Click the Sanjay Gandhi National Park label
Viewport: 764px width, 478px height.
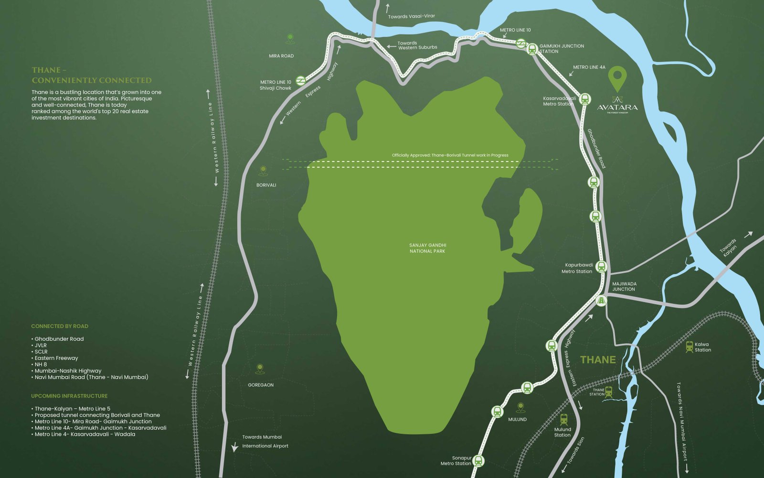(x=427, y=248)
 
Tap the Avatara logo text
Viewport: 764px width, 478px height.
(x=617, y=108)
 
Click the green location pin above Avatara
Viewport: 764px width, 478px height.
(x=617, y=77)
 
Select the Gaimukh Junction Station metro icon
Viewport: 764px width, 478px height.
(x=531, y=49)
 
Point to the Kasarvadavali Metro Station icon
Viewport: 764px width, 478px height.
(x=585, y=99)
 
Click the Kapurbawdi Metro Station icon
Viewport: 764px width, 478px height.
(x=601, y=267)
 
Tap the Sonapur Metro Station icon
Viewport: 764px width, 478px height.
(x=478, y=461)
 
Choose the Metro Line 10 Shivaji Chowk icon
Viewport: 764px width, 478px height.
(x=300, y=81)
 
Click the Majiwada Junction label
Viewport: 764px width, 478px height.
(x=624, y=286)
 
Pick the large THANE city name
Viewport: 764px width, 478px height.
(x=598, y=360)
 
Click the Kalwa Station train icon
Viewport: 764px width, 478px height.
(x=689, y=347)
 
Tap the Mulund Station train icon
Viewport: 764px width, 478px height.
(x=564, y=420)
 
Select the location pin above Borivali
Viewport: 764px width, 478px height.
(x=263, y=171)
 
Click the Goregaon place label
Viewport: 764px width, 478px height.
(x=261, y=385)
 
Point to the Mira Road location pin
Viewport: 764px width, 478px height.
(x=290, y=38)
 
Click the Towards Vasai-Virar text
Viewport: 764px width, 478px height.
(x=411, y=16)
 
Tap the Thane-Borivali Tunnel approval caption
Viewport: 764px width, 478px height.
(x=450, y=155)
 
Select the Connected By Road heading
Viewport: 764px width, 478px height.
(x=60, y=326)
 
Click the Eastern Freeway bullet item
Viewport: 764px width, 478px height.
(x=56, y=358)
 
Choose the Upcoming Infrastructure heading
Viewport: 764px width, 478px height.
(x=69, y=396)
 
